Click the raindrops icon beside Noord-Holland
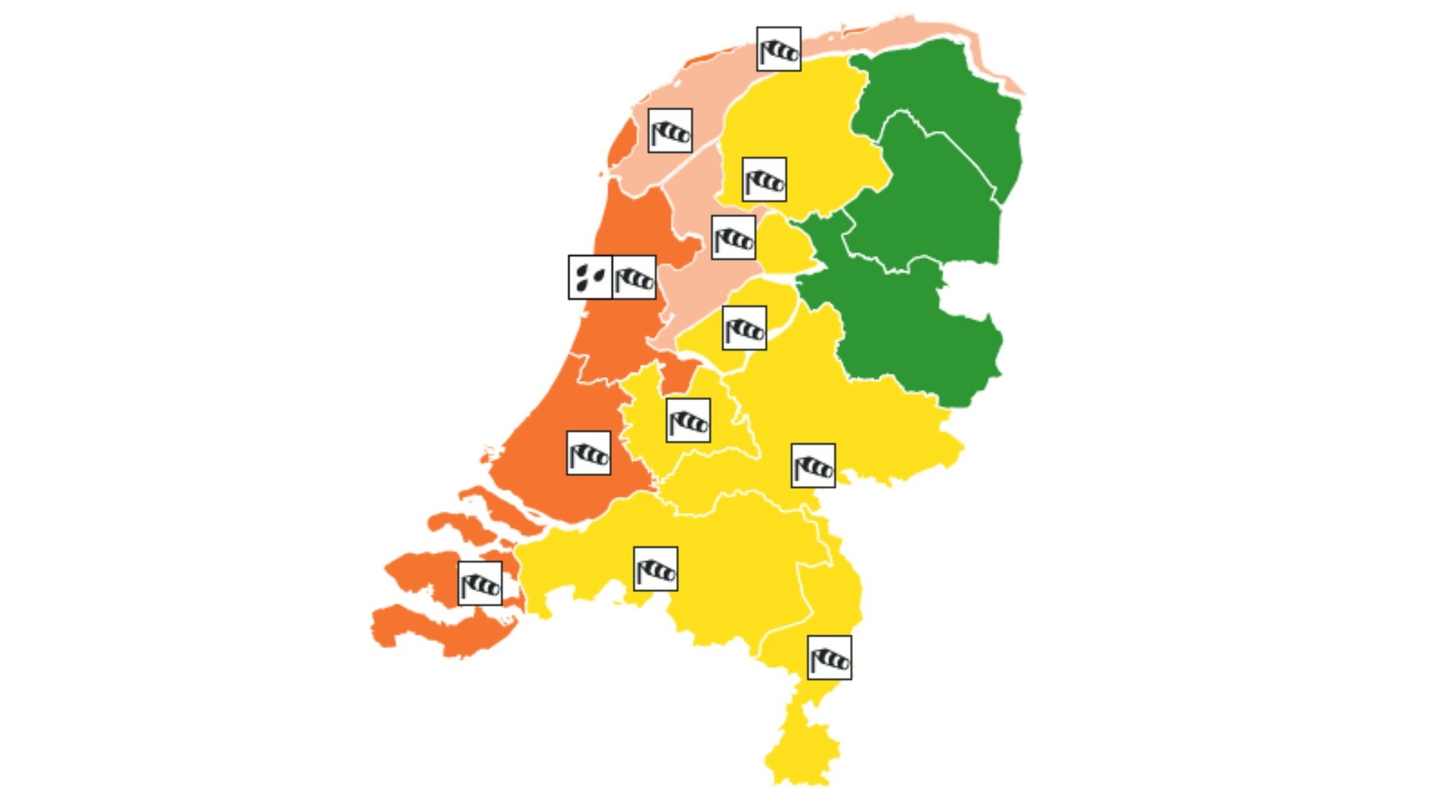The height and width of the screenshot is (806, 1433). (590, 278)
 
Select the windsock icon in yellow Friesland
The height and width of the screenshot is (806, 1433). (764, 179)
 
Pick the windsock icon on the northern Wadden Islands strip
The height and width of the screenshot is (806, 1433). (778, 49)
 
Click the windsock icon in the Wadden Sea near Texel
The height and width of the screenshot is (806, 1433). (670, 131)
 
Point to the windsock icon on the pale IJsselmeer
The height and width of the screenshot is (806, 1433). (734, 238)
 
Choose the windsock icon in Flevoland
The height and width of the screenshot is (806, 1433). (744, 328)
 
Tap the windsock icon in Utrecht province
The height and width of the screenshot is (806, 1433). (688, 420)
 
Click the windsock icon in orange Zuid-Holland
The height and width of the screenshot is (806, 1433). (589, 453)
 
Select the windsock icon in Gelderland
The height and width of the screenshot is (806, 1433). (813, 466)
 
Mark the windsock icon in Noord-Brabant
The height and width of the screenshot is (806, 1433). (655, 569)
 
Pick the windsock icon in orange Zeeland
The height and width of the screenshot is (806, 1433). (480, 584)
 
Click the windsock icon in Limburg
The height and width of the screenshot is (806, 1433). (829, 657)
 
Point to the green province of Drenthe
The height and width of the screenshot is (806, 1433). (925, 194)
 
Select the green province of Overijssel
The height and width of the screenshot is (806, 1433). (918, 328)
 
